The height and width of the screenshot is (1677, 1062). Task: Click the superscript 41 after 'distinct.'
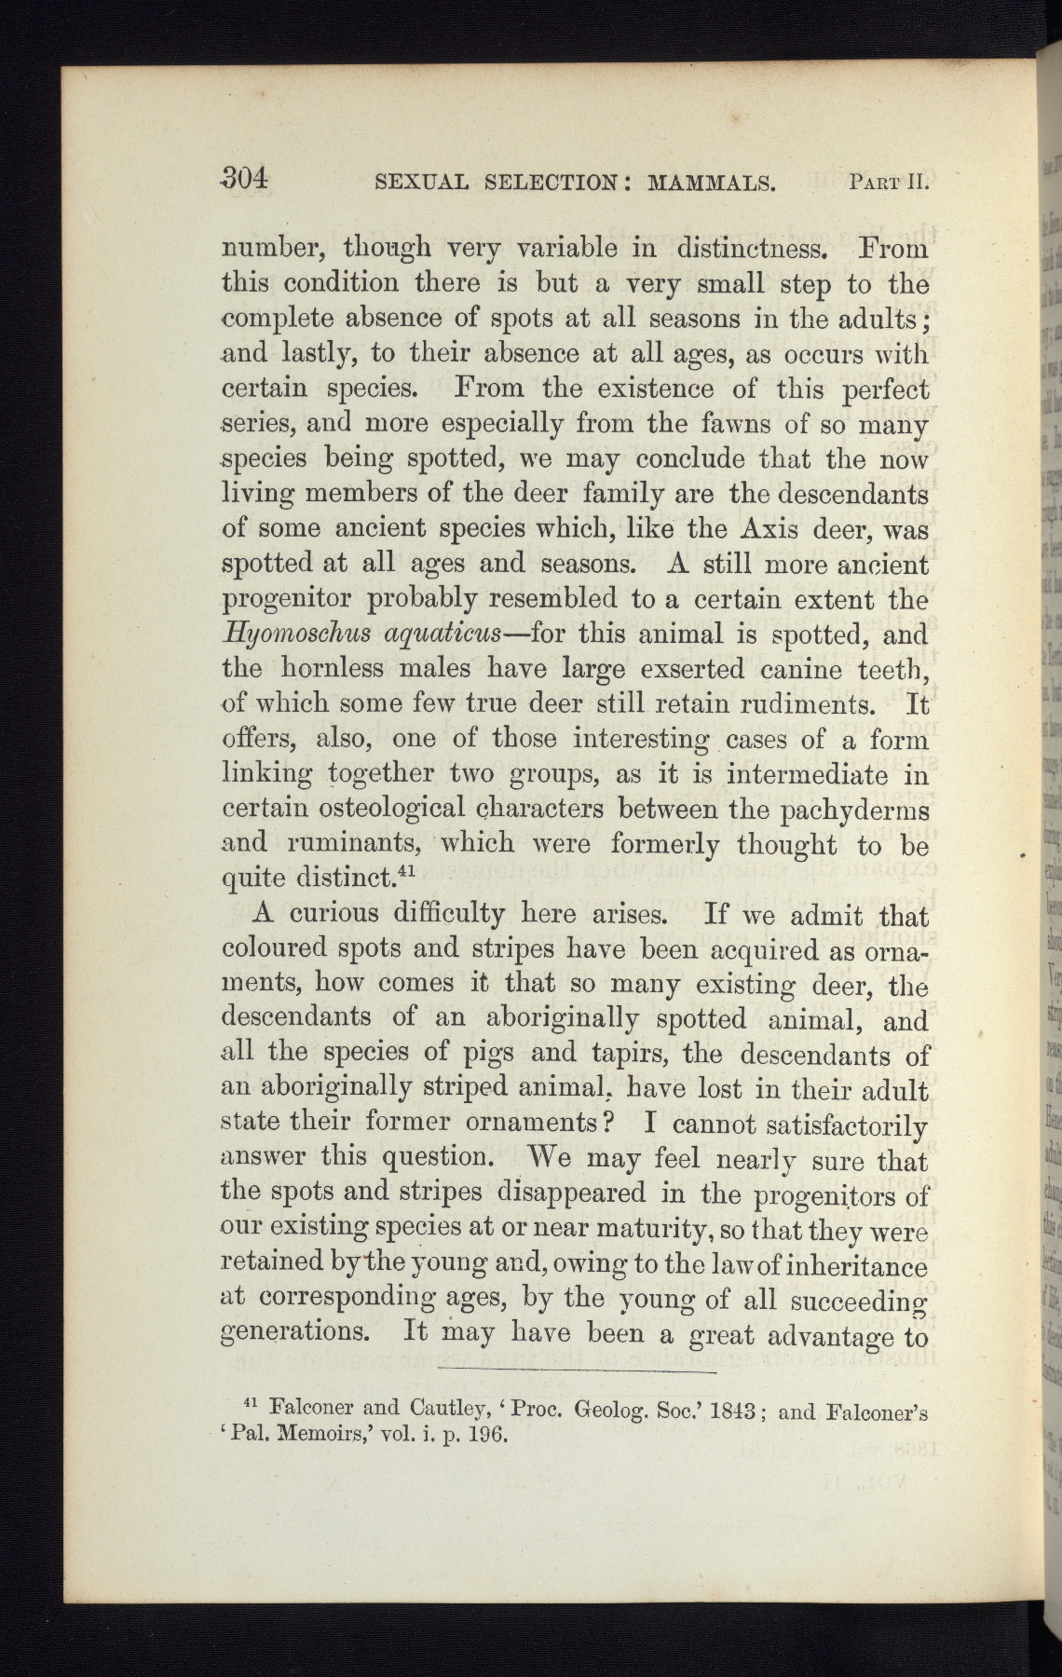coord(405,872)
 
